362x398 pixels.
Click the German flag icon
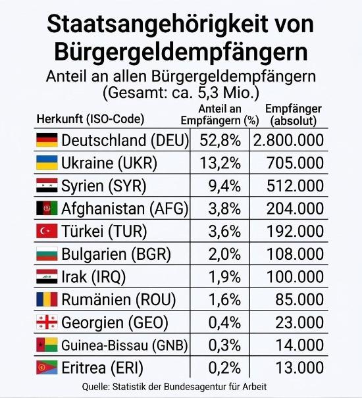point(47,140)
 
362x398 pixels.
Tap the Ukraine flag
point(47,162)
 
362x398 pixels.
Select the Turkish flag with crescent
point(47,231)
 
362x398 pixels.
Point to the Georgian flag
point(47,322)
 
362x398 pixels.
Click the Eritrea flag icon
point(47,367)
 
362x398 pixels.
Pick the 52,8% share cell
point(220,140)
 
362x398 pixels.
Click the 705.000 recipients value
point(295,162)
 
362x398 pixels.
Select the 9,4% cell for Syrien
point(224,186)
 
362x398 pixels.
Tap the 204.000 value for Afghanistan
point(295,209)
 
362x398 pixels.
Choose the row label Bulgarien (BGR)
point(116,254)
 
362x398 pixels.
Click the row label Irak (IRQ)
point(93,277)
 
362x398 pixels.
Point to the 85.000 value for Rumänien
point(299,299)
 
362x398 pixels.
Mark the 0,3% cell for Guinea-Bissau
point(224,345)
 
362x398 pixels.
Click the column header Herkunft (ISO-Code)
point(90,119)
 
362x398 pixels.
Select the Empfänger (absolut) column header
point(294,114)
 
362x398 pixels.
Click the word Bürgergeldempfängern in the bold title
point(180,52)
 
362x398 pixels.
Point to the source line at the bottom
point(174,387)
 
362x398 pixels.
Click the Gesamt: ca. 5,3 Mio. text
point(180,93)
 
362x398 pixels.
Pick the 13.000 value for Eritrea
point(299,368)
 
